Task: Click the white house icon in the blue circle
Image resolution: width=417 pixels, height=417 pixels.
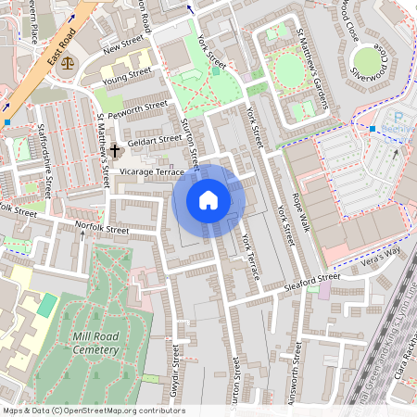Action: [208, 200]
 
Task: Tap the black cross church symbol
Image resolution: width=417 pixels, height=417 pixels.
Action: [116, 149]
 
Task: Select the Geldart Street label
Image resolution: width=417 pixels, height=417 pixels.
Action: [156, 139]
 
